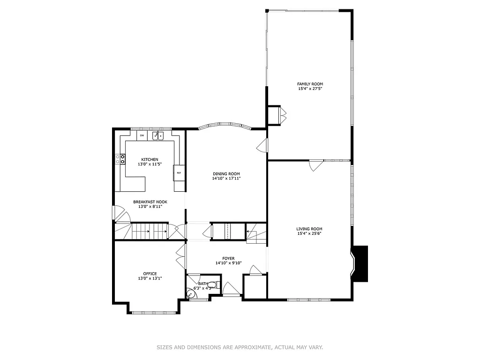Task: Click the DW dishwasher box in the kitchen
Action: [142, 135]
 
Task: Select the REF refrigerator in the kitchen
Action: [179, 172]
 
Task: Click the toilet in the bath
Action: [213, 285]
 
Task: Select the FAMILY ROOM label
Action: [310, 84]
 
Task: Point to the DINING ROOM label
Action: [226, 174]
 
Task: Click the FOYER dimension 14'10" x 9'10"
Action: [228, 263]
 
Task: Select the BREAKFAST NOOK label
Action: [150, 202]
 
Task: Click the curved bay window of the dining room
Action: [225, 126]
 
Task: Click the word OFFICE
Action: [150, 274]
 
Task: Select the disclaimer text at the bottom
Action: [240, 347]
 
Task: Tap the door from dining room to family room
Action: [262, 146]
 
